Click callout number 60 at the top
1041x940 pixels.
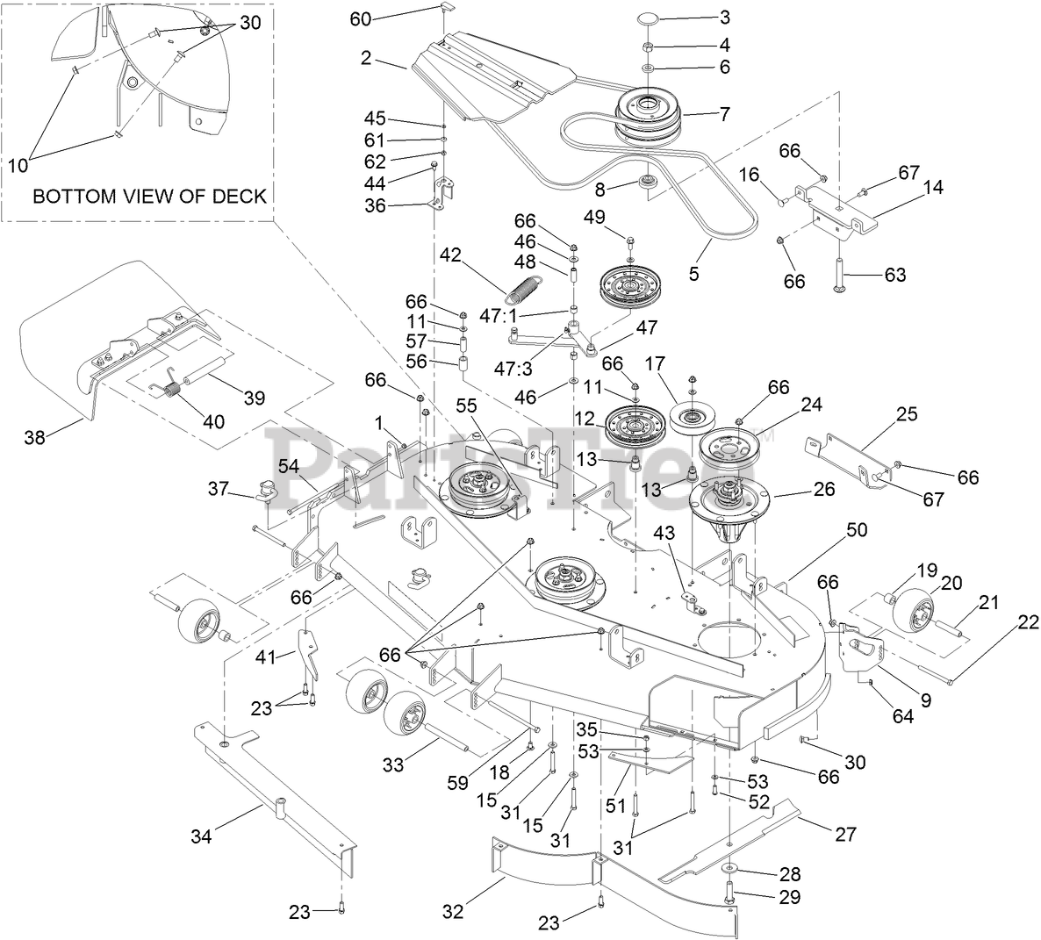361,18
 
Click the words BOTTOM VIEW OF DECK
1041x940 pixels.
150,197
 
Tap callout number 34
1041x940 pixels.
201,836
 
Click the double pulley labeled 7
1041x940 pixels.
647,115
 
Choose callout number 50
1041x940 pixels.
857,530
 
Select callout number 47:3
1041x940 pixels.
513,370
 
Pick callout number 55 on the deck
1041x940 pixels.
466,405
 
